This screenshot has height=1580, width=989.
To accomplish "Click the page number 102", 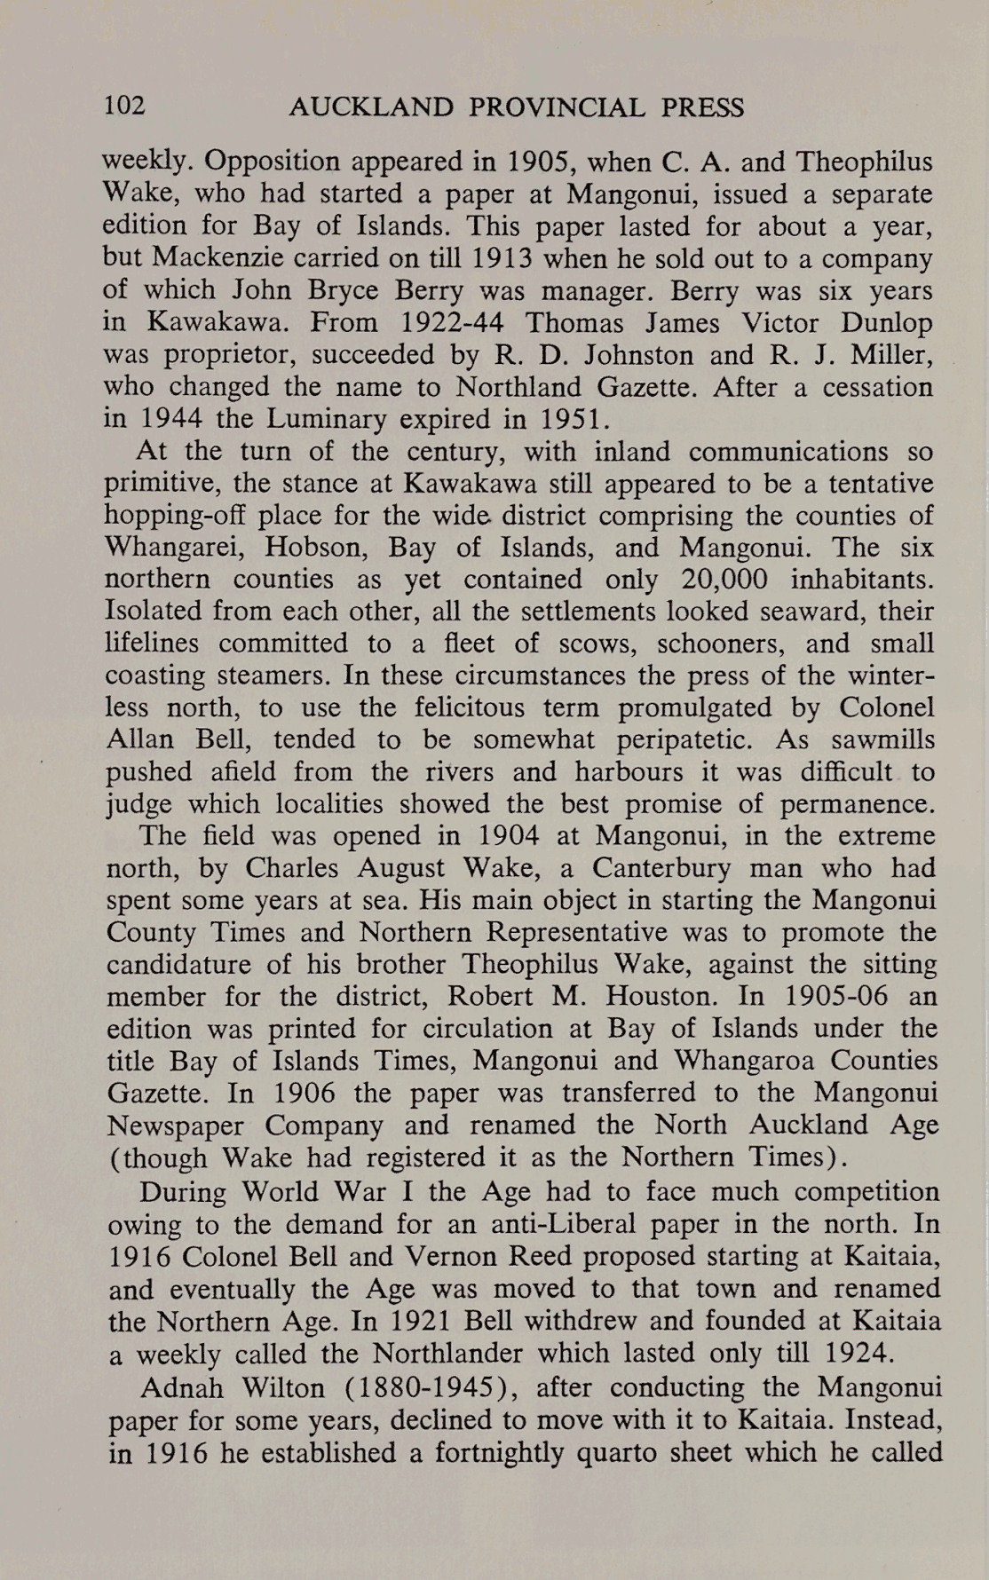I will tap(124, 107).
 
